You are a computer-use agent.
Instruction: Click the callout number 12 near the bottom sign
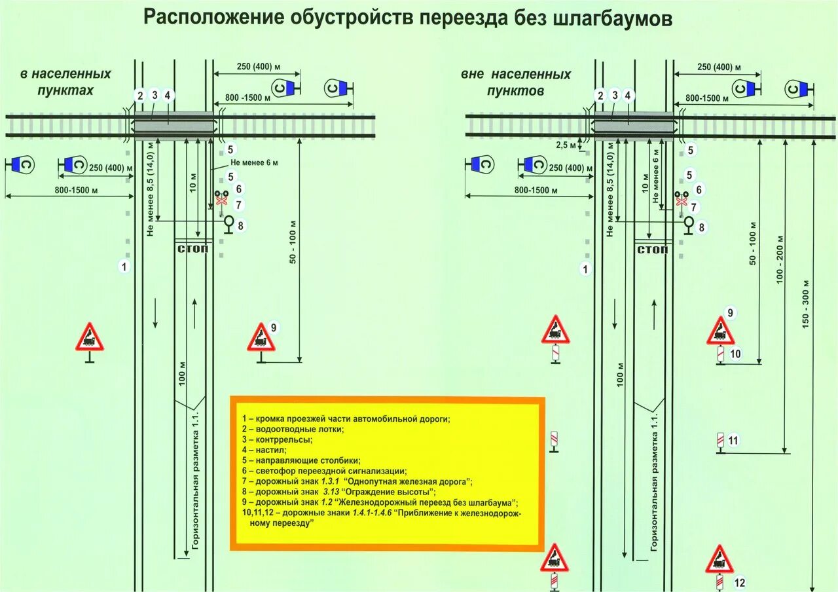(740, 582)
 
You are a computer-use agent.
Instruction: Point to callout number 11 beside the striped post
(733, 440)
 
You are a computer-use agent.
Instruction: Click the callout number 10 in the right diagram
(735, 354)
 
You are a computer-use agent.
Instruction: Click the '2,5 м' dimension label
(566, 145)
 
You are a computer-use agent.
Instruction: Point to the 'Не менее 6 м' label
(254, 163)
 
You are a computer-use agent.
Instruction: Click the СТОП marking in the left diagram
(193, 250)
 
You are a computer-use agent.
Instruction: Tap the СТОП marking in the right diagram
(652, 250)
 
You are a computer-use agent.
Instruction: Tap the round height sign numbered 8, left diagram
(229, 223)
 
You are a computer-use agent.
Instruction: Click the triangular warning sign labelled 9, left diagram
(261, 338)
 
